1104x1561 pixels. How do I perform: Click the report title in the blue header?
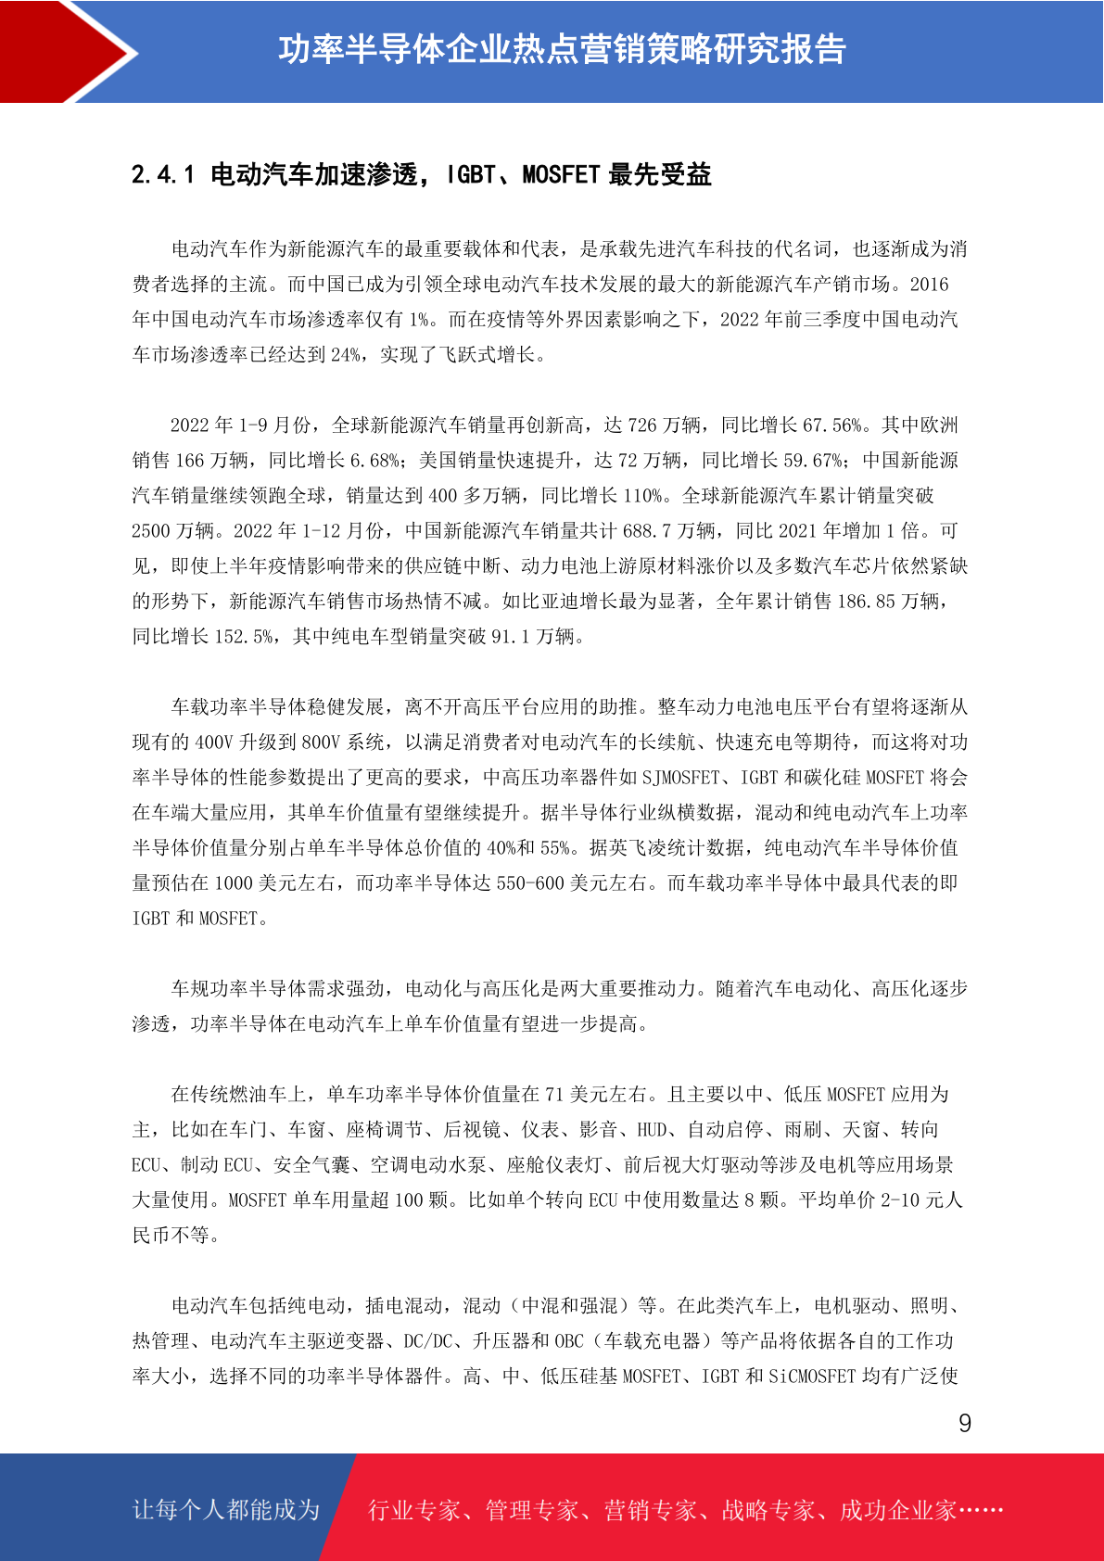(562, 49)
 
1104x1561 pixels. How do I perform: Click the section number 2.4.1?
(163, 174)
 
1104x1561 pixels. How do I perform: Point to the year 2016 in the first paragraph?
(929, 285)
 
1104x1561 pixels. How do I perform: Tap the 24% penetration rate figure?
(345, 355)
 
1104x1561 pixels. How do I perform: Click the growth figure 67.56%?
(832, 425)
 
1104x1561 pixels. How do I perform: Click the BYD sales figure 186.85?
(866, 602)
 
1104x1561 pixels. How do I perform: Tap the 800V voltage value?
(321, 742)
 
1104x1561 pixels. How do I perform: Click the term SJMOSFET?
(680, 778)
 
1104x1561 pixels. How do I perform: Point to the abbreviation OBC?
(569, 1341)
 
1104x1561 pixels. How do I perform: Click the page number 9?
(965, 1424)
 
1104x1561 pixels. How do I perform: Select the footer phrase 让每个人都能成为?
(226, 1510)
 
